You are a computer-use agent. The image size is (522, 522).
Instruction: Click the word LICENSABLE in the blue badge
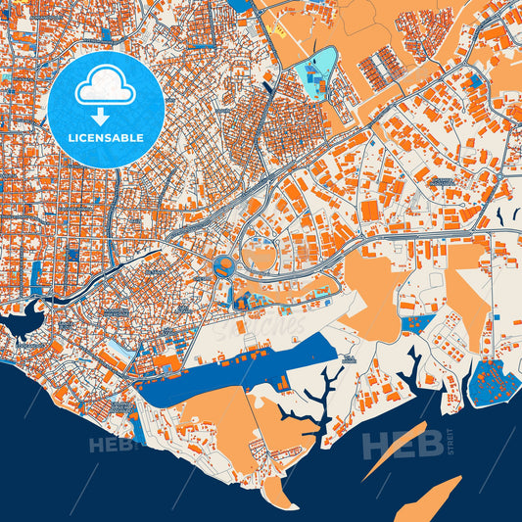point(107,138)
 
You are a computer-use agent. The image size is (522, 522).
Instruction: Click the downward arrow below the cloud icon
point(107,116)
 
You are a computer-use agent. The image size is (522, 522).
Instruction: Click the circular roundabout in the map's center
point(222,264)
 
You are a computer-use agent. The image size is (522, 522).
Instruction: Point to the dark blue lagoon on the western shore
point(24,320)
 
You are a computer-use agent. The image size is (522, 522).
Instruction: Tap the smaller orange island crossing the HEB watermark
point(394,451)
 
